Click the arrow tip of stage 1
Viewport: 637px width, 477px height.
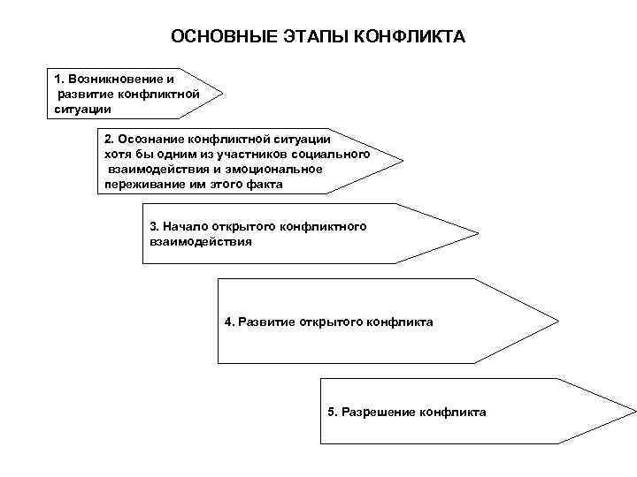pos(222,91)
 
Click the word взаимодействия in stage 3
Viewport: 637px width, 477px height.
pos(201,240)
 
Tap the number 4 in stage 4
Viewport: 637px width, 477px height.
pos(228,322)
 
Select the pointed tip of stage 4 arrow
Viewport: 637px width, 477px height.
pos(560,321)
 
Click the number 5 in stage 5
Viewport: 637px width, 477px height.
pos(331,413)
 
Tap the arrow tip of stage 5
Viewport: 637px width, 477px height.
pos(634,411)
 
